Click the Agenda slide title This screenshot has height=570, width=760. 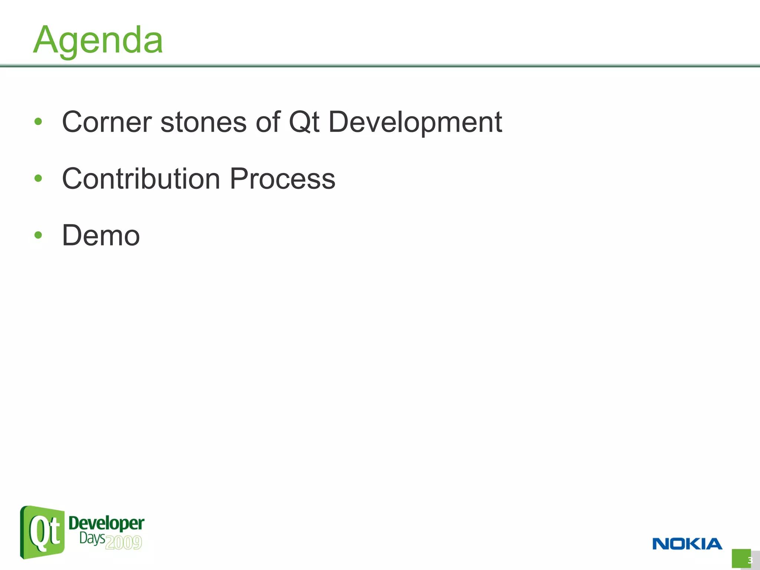tap(98, 40)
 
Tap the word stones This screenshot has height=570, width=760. tap(203, 122)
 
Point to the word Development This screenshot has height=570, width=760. tap(415, 122)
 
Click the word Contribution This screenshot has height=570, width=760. tap(141, 179)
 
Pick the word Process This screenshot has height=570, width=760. tap(282, 179)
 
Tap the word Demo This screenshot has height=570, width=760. tap(101, 235)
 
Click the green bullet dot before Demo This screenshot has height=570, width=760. tap(38, 235)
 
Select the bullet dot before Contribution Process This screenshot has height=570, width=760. tap(38, 178)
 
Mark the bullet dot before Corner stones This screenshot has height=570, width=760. tap(38, 121)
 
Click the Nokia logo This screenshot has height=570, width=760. tap(687, 544)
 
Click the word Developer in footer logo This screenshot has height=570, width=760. tap(107, 523)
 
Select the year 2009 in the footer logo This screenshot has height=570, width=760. tap(124, 543)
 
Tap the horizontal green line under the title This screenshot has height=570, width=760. tap(380, 66)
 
